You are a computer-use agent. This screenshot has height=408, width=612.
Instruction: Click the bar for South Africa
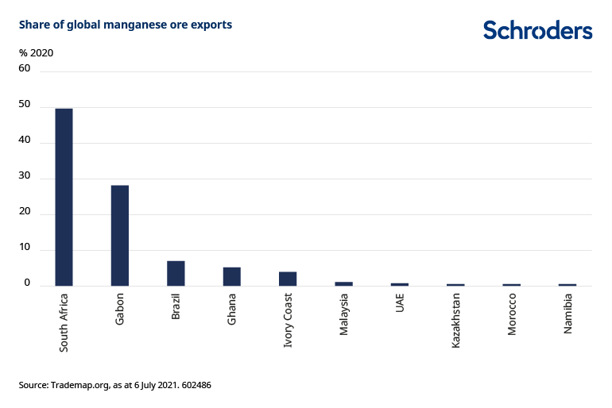[x=64, y=197]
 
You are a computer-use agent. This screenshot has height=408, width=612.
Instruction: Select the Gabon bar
[x=120, y=235]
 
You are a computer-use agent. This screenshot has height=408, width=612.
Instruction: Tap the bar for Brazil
[x=176, y=273]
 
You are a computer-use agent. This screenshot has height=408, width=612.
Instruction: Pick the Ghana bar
[x=231, y=276]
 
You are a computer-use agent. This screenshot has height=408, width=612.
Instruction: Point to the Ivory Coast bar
[x=288, y=279]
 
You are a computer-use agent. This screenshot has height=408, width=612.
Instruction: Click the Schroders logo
[x=537, y=30]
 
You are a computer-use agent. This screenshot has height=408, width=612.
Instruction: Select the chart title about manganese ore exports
[x=126, y=25]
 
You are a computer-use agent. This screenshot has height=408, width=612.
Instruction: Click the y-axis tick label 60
[x=25, y=68]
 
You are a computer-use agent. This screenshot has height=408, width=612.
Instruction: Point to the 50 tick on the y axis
[x=25, y=105]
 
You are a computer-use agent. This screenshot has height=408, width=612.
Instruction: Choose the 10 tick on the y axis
[x=25, y=248]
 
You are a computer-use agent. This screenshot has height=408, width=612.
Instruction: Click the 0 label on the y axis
[x=27, y=283]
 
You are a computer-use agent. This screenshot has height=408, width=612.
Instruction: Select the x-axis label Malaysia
[x=344, y=314]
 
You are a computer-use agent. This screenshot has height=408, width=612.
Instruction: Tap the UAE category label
[x=400, y=305]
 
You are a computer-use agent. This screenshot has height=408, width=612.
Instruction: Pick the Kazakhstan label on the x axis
[x=455, y=319]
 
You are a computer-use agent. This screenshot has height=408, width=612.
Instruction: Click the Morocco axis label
[x=512, y=314]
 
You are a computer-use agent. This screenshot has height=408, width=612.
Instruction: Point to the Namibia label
[x=568, y=313]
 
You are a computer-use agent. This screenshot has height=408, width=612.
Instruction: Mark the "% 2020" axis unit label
[x=37, y=53]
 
